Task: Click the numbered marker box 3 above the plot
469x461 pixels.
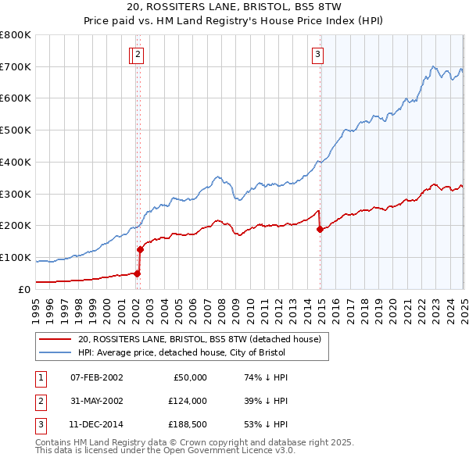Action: click(318, 55)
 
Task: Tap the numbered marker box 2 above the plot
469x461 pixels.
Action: click(138, 55)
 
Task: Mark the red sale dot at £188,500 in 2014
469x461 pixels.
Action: click(320, 229)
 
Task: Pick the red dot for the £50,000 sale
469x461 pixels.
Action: click(137, 273)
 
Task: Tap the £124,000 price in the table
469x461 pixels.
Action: click(186, 401)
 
